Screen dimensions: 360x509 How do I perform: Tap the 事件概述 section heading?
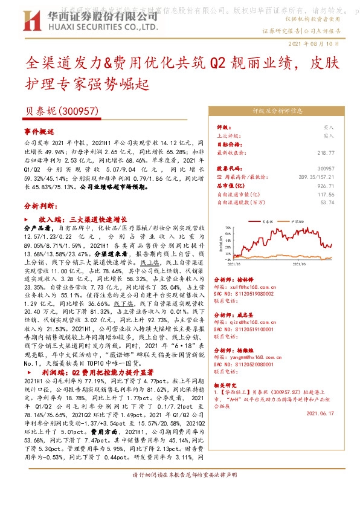39,131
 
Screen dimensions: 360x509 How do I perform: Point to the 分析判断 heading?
39,206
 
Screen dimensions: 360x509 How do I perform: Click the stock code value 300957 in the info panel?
342,168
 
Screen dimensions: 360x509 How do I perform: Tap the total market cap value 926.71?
342,186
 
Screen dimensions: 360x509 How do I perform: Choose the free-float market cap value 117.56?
342,195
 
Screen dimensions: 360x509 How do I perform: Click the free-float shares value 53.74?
344,203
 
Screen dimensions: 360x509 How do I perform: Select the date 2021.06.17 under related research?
319,413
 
